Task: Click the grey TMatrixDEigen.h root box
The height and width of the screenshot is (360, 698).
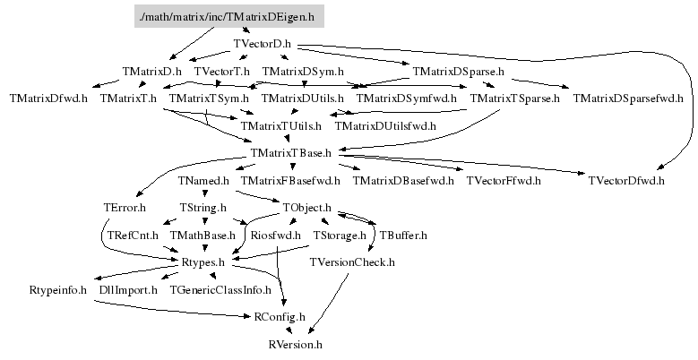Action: click(x=229, y=17)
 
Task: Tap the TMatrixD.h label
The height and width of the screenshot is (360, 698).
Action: click(x=152, y=71)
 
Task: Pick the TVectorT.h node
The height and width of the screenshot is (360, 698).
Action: click(x=221, y=71)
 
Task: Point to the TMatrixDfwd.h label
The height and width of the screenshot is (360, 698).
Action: click(x=49, y=98)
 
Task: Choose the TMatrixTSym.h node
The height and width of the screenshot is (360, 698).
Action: click(x=209, y=98)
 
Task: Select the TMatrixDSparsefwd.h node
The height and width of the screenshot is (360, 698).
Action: click(x=628, y=98)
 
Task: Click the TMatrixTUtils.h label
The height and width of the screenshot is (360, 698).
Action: click(x=280, y=125)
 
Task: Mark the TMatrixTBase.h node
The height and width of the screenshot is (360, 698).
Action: click(x=293, y=153)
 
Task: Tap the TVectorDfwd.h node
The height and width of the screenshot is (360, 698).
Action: click(x=627, y=181)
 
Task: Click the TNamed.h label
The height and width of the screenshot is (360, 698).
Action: click(x=204, y=181)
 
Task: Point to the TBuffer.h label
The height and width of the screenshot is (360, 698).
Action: click(x=403, y=236)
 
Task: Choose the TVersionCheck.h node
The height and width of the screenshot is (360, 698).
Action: click(x=352, y=262)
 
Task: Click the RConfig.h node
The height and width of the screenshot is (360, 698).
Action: click(x=280, y=316)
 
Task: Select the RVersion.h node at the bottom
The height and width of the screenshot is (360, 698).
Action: click(x=295, y=344)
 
